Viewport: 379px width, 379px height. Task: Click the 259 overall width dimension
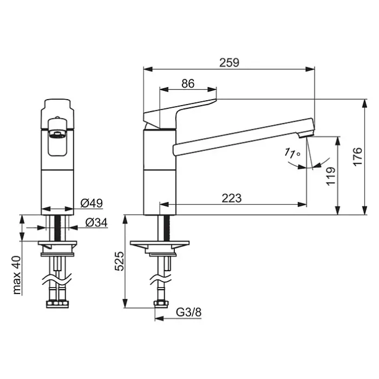[229, 63]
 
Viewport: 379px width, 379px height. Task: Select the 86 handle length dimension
[188, 83]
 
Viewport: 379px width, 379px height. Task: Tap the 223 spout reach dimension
[232, 198]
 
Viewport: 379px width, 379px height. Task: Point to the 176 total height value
[358, 156]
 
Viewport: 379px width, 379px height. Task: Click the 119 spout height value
[331, 176]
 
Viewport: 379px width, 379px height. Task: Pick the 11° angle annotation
[292, 153]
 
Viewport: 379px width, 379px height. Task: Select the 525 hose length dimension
[119, 261]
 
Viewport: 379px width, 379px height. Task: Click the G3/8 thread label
[188, 312]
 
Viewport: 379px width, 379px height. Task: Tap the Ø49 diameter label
[92, 203]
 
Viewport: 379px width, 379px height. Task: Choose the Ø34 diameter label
[96, 223]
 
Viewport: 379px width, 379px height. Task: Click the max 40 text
[17, 275]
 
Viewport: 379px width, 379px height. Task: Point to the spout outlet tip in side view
[305, 134]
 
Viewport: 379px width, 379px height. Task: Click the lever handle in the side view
[180, 113]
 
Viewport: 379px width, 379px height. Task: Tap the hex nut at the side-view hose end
[161, 304]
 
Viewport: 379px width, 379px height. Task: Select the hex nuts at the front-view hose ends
[57, 304]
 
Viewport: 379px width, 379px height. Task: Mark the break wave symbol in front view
[57, 280]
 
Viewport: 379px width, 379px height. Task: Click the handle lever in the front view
[57, 137]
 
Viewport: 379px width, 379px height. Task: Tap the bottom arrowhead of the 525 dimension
[125, 303]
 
